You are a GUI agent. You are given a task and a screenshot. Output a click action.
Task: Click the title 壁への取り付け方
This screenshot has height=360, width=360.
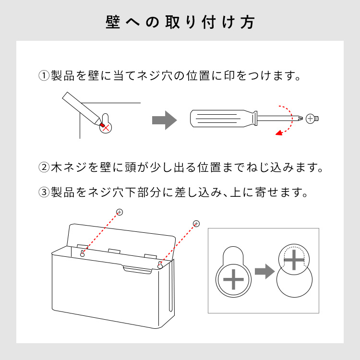(x=180, y=22)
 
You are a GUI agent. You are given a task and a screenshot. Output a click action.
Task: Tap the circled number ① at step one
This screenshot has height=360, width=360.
(x=44, y=75)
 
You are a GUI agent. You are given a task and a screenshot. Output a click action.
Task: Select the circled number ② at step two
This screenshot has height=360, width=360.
(x=44, y=167)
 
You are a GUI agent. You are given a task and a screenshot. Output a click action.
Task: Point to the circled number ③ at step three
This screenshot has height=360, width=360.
(x=44, y=192)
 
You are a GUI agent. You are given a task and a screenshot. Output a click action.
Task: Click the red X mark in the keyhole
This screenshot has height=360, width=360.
(x=106, y=128)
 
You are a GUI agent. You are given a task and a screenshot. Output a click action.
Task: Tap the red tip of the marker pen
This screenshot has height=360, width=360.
(x=102, y=125)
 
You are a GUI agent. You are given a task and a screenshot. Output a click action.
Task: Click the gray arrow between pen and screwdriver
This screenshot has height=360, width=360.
(x=164, y=120)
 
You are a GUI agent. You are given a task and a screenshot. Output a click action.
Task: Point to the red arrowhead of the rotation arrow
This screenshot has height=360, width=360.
(x=279, y=133)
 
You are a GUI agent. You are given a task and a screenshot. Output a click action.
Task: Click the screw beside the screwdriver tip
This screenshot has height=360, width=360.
(x=312, y=119)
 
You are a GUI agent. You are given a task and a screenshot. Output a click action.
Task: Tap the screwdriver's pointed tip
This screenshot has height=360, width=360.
(x=301, y=119)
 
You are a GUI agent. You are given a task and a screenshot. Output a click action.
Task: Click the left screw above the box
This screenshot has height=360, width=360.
(x=120, y=212)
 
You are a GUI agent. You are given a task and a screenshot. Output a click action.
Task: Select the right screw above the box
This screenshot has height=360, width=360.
(x=196, y=223)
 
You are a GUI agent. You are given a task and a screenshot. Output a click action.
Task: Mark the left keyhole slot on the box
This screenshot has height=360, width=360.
(x=83, y=253)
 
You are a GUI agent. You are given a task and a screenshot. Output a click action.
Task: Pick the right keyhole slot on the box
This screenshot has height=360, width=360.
(x=160, y=265)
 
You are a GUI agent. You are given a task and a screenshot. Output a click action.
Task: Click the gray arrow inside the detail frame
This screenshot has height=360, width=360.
(x=264, y=271)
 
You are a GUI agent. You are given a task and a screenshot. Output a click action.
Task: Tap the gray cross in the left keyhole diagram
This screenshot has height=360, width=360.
(x=233, y=279)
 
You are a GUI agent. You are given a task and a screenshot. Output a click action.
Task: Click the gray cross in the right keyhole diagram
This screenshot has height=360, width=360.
(x=294, y=260)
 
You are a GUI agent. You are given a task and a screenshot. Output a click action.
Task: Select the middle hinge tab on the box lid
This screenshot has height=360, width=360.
(x=114, y=251)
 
